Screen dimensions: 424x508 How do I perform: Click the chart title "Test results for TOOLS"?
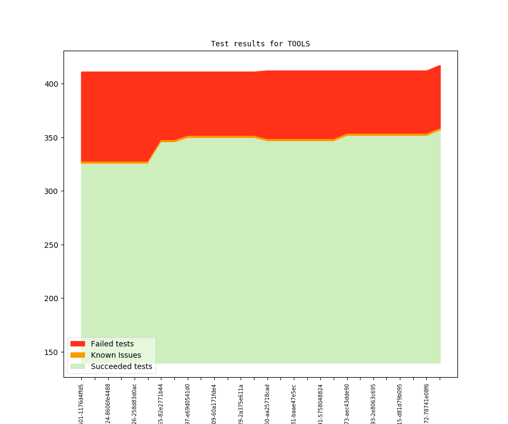260,44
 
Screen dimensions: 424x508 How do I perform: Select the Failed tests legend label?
112,344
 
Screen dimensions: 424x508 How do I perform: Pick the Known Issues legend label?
116,355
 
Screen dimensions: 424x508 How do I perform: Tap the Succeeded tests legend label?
121,366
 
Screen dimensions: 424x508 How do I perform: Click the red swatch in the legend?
77,344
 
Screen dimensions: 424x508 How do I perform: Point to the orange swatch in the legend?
77,355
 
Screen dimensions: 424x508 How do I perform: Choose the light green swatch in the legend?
77,366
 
